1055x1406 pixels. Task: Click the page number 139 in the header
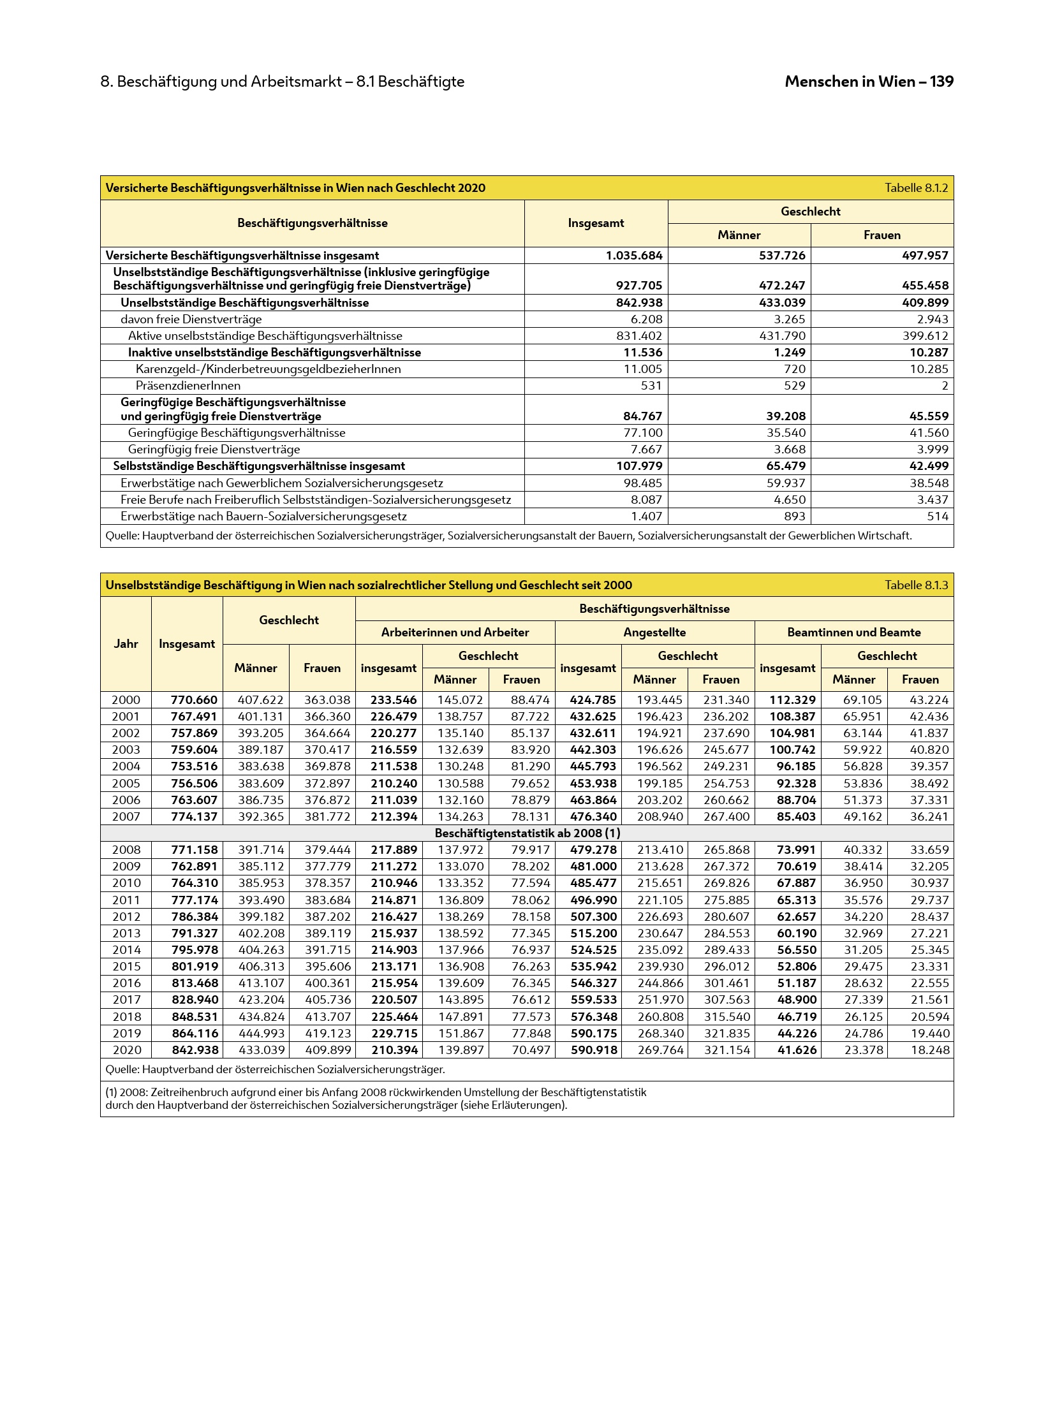pos(941,82)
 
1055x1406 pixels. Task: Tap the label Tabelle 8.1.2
pos(916,188)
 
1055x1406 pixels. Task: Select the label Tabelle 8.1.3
pos(916,585)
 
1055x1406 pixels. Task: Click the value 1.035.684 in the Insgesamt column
pos(633,256)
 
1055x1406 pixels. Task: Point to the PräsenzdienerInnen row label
pos(188,386)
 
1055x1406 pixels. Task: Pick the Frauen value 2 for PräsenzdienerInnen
pos(945,386)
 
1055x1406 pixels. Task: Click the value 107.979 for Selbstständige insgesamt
pos(639,466)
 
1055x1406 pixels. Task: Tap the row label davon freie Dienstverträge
pos(191,319)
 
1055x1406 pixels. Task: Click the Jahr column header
pos(126,644)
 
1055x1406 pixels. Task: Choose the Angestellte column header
pos(654,633)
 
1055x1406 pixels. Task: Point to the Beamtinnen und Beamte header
pos(853,633)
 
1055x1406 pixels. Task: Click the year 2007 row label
pos(126,817)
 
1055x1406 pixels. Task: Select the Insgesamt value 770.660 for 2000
pos(194,700)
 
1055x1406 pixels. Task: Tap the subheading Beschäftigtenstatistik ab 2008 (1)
pos(527,833)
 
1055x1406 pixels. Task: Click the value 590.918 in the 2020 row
pos(593,1050)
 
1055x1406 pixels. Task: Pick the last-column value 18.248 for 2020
pos(930,1050)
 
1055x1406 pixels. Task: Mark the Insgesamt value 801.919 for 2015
pos(195,967)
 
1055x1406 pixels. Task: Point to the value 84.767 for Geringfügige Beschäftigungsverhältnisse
pos(642,416)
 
